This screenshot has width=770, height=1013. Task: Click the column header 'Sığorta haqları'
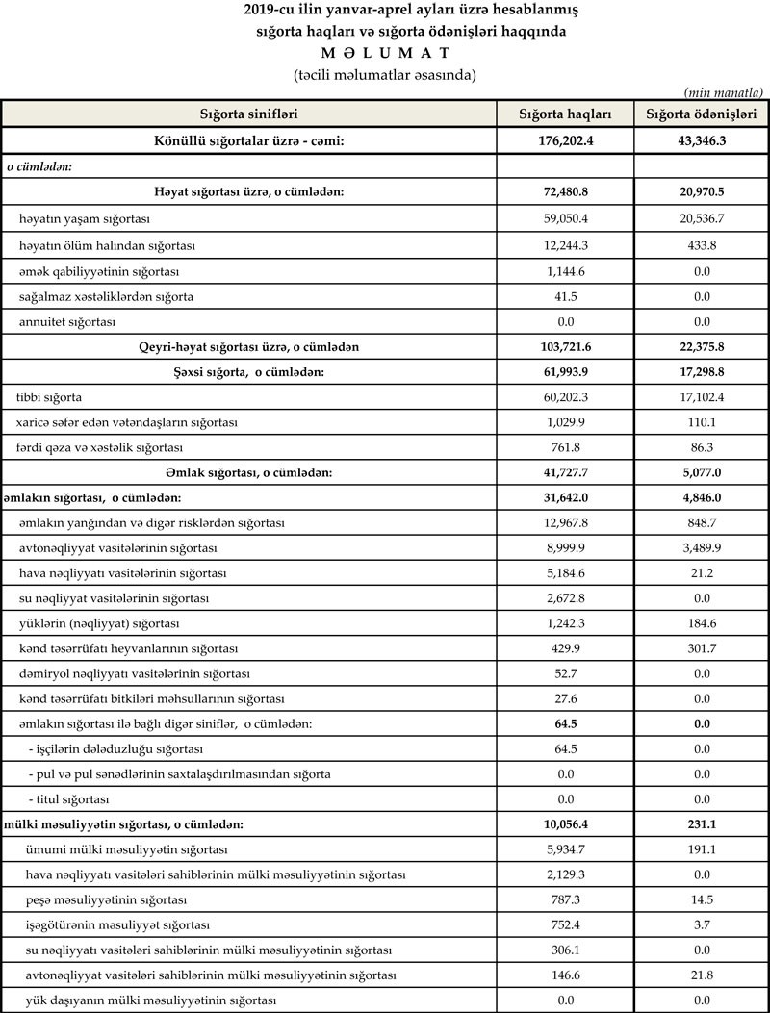coord(565,114)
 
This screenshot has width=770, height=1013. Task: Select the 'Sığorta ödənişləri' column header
coord(701,114)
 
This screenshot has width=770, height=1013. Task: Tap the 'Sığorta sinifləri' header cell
coord(248,114)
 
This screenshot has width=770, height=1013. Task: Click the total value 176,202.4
coord(565,141)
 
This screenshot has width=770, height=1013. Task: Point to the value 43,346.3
coord(701,141)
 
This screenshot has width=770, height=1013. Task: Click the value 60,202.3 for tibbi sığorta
coord(565,397)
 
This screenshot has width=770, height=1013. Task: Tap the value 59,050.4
coord(565,219)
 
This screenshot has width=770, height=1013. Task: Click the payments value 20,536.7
coord(701,219)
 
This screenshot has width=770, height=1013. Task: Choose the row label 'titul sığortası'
coord(69,799)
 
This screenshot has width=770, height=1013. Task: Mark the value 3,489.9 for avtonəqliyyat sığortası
coord(701,547)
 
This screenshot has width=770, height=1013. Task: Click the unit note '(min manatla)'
coord(724,92)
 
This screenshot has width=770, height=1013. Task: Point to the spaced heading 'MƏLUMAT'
coord(385,52)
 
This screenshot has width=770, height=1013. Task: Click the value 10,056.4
coord(565,824)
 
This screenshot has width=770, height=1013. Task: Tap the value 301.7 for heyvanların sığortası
coord(701,648)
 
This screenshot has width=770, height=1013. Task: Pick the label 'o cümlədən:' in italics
coord(40,165)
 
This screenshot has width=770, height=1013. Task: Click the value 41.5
coord(565,296)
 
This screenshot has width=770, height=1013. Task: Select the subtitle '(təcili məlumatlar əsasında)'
coord(385,73)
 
